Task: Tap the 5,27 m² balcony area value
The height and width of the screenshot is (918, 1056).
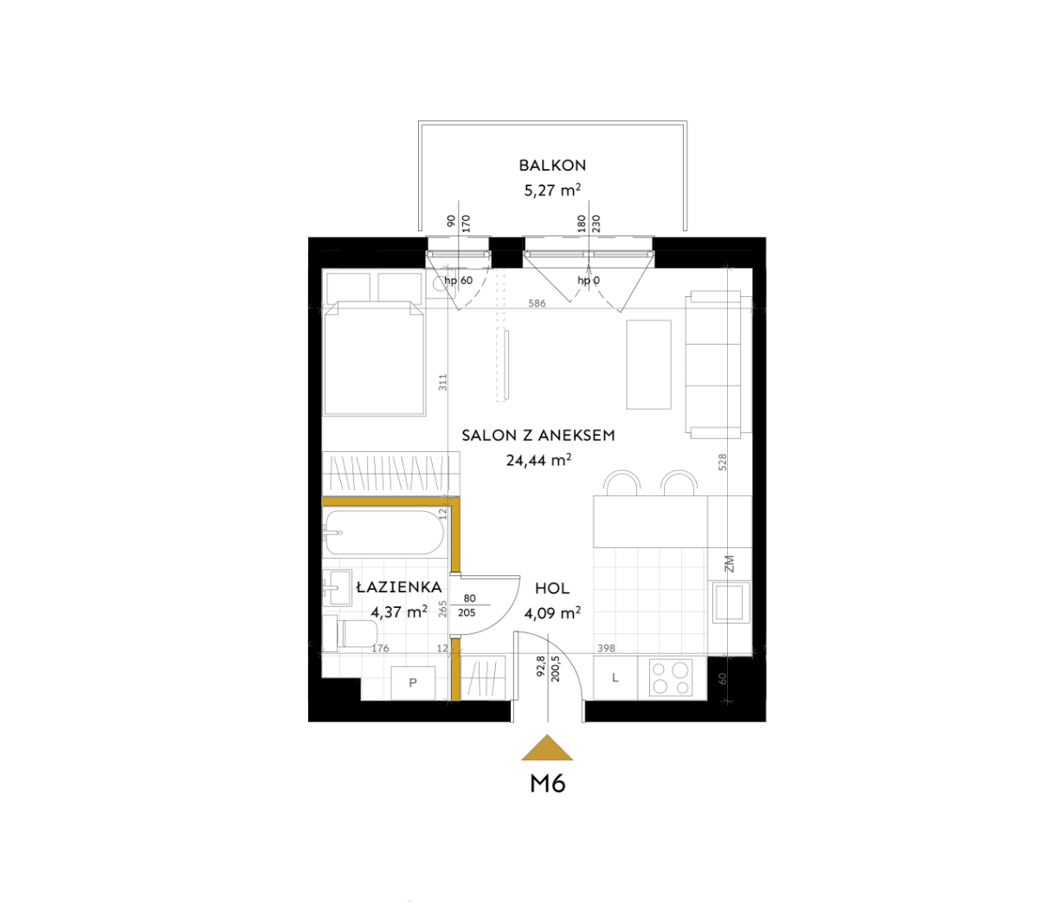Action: pos(552,190)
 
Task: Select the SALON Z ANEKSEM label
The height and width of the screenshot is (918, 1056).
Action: pos(538,436)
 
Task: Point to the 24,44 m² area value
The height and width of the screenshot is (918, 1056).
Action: pos(538,460)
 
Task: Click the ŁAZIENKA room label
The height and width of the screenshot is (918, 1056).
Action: pos(399,586)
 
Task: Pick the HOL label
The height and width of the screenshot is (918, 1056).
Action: pos(552,588)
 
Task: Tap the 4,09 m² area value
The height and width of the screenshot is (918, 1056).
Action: pos(552,613)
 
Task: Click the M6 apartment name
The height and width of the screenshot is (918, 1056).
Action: pos(548,785)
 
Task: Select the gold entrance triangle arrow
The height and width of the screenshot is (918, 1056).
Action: pos(547,747)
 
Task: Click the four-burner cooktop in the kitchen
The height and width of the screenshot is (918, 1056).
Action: pos(672,677)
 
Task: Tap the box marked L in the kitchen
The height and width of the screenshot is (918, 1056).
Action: pos(615,678)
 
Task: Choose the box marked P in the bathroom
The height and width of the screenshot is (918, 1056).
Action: pos(413,682)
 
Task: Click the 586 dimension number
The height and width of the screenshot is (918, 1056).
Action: pos(537,304)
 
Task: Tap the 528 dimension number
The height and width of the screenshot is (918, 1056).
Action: pos(723,462)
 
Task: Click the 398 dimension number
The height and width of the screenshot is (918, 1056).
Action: pos(606,649)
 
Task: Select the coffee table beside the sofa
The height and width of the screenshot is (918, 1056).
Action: pos(649,365)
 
